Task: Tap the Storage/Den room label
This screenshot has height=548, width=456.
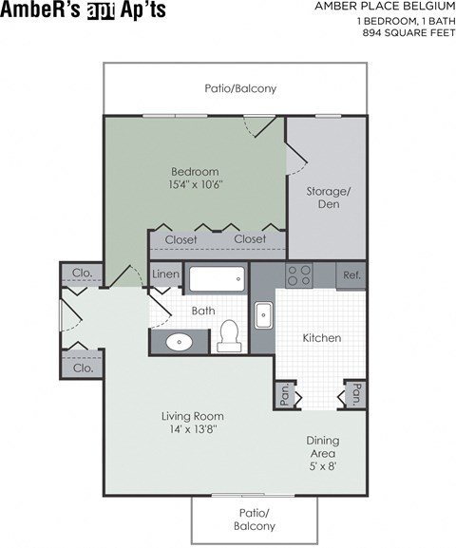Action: click(x=328, y=198)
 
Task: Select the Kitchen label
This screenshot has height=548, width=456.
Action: click(x=321, y=338)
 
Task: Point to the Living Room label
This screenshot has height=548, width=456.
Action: click(x=192, y=416)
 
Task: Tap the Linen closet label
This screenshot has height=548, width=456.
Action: click(x=165, y=275)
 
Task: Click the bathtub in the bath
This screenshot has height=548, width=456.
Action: click(x=216, y=279)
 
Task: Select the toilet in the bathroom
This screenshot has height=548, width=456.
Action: click(x=227, y=334)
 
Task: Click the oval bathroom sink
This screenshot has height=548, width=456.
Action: click(x=179, y=342)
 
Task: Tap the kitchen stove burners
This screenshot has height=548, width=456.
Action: click(x=299, y=274)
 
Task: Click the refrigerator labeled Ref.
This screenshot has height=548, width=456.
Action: click(x=351, y=275)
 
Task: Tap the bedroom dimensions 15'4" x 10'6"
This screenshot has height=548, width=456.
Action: click(x=196, y=183)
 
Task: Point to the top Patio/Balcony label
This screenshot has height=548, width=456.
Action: click(x=240, y=88)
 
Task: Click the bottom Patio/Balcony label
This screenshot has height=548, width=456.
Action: click(x=255, y=520)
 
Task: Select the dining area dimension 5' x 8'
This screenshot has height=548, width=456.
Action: click(x=323, y=465)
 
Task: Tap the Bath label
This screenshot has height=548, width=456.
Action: click(x=203, y=311)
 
